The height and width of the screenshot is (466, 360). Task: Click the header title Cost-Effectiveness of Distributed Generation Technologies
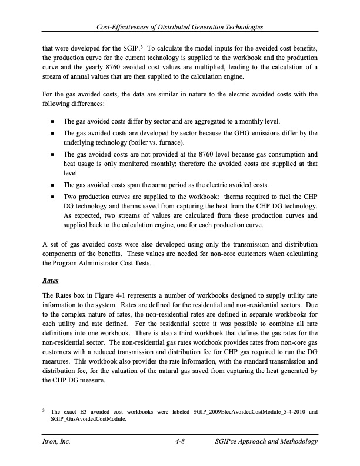180,28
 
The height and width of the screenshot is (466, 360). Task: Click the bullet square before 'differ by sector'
54,122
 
